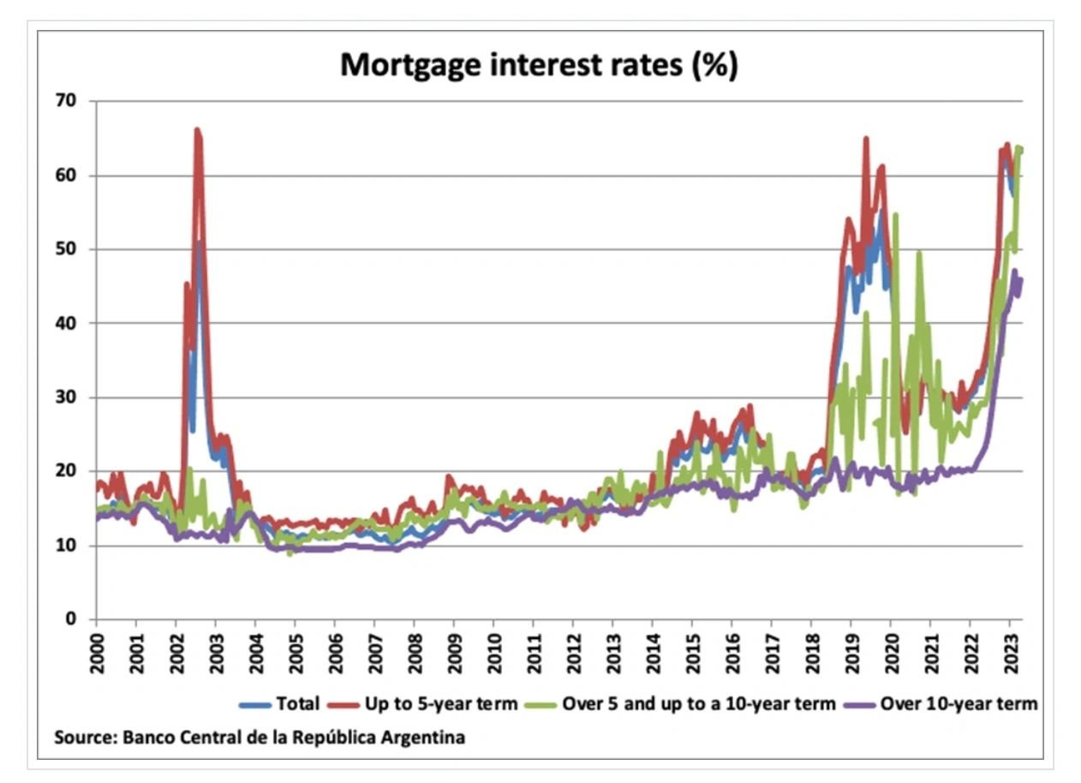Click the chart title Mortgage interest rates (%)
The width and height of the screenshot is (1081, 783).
pyautogui.click(x=539, y=65)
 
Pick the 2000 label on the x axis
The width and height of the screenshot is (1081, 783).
pyautogui.click(x=96, y=654)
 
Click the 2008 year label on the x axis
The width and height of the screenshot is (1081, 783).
pyautogui.click(x=414, y=654)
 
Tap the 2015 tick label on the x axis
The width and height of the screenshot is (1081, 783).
pyautogui.click(x=691, y=654)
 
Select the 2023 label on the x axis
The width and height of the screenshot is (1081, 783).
pyautogui.click(x=1008, y=654)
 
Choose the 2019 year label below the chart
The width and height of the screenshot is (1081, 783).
pyautogui.click(x=850, y=654)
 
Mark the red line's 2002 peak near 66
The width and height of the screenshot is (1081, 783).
pyautogui.click(x=197, y=130)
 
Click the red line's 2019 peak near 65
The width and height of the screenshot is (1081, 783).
pyautogui.click(x=866, y=139)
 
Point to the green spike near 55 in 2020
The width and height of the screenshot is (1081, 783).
pyautogui.click(x=895, y=215)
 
